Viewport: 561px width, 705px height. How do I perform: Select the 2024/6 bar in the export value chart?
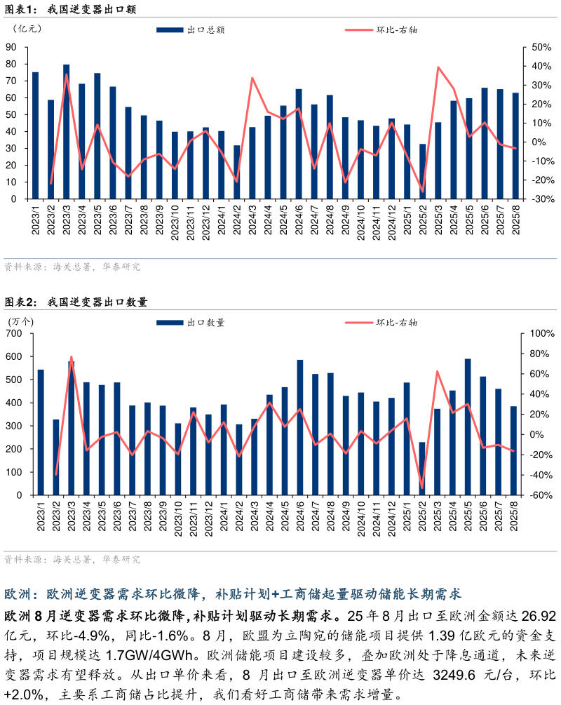point(299,144)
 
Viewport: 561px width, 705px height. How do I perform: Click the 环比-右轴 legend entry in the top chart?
point(381,30)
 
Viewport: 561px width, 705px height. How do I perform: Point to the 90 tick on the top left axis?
point(11,47)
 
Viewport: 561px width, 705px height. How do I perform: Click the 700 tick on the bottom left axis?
point(14,333)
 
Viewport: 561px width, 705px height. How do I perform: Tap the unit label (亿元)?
point(27,29)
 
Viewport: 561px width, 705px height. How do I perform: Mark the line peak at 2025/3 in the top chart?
point(438,67)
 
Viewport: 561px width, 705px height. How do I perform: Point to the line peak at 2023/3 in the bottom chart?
point(72,357)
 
